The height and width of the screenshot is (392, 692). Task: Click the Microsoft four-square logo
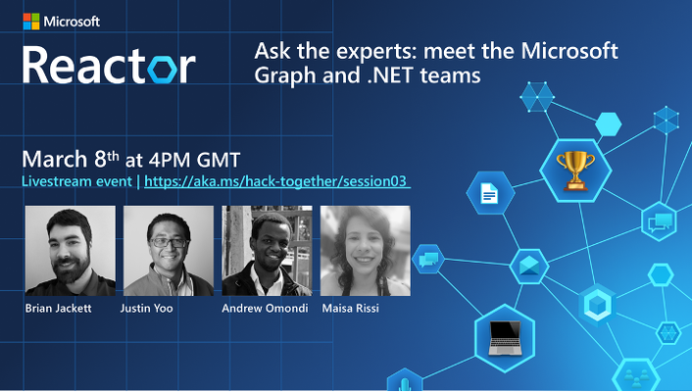(x=31, y=22)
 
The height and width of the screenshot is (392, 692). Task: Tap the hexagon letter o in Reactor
(x=163, y=69)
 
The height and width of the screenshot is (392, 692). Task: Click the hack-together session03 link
(x=277, y=181)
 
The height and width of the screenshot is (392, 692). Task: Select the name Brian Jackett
(x=58, y=308)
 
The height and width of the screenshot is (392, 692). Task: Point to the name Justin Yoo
(x=146, y=308)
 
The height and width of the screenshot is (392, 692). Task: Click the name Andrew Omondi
(x=265, y=308)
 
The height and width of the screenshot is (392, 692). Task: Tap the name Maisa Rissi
(x=351, y=308)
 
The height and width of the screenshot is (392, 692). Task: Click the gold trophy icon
(x=575, y=171)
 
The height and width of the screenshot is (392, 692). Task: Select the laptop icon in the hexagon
(x=505, y=338)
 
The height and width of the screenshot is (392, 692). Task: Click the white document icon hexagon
(x=490, y=193)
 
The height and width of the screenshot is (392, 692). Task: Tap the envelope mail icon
(x=529, y=267)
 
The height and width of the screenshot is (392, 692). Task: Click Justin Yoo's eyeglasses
(x=169, y=242)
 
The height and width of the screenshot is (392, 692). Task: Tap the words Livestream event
(x=76, y=181)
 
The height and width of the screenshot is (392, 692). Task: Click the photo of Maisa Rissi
(x=366, y=251)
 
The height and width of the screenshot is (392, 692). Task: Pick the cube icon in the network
(x=597, y=305)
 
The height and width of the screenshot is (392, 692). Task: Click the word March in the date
(x=55, y=160)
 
